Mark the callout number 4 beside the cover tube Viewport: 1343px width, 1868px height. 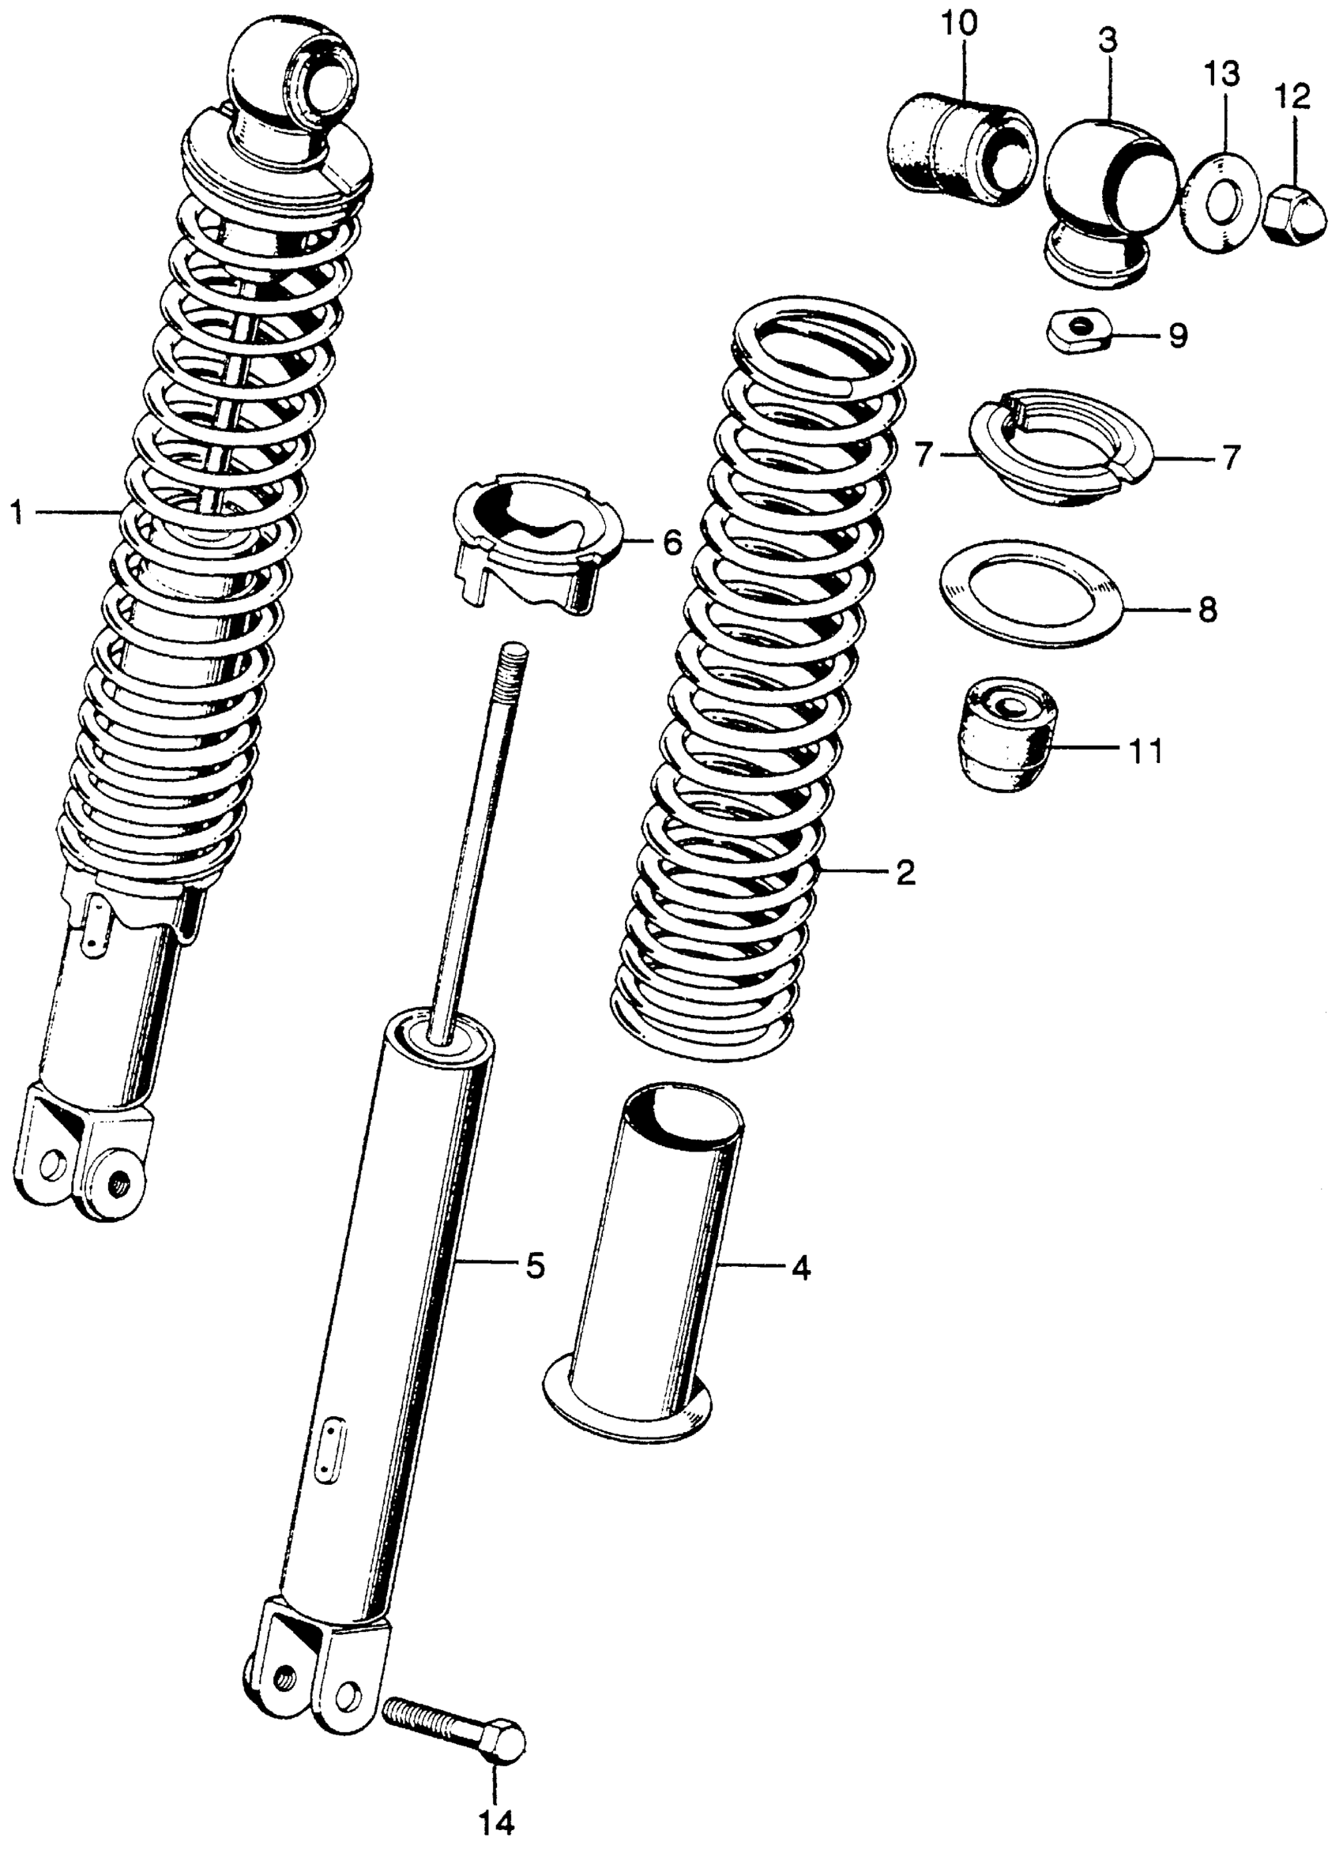800,1268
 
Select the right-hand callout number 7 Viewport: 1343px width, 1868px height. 1230,457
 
